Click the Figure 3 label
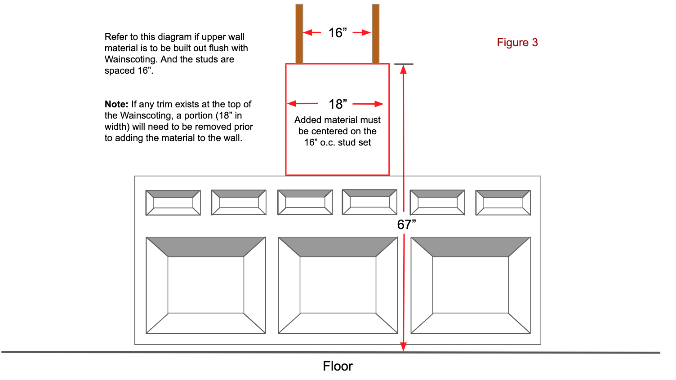pyautogui.click(x=517, y=43)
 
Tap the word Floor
pyautogui.click(x=338, y=366)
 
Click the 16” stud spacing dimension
pyautogui.click(x=337, y=33)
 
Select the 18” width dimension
pyautogui.click(x=338, y=104)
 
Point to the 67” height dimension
pyautogui.click(x=406, y=225)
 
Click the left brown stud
pyautogui.click(x=299, y=34)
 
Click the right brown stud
pyautogui.click(x=376, y=34)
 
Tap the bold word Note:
pyautogui.click(x=116, y=104)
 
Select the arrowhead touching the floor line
pyautogui.click(x=404, y=346)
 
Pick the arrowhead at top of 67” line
pyautogui.click(x=404, y=69)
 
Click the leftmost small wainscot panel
pyautogui.click(x=173, y=203)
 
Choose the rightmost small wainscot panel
pyautogui.click(x=503, y=203)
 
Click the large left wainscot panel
pyautogui.click(x=206, y=285)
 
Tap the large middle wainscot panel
pyautogui.click(x=338, y=285)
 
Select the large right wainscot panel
pyautogui.click(x=471, y=285)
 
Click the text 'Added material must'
pyautogui.click(x=337, y=120)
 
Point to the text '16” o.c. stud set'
pyautogui.click(x=337, y=142)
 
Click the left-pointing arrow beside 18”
pyautogui.click(x=303, y=104)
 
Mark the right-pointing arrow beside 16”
pyautogui.click(x=361, y=32)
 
